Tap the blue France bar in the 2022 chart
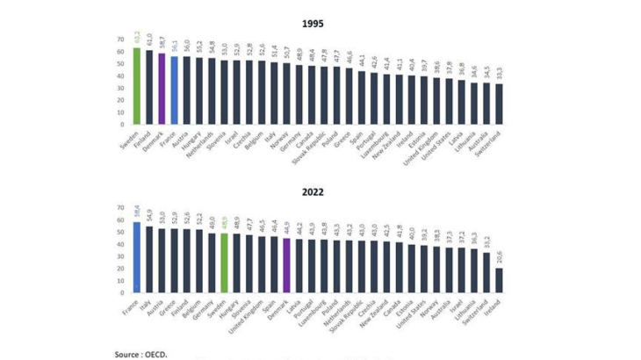click(136, 257)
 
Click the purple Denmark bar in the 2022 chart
click(286, 265)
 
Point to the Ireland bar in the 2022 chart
click(500, 280)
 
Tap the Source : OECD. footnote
click(140, 354)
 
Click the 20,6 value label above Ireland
click(500, 258)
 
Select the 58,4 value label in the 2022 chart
click(136, 212)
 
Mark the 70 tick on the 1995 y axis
click(120, 40)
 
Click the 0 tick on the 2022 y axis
click(123, 293)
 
